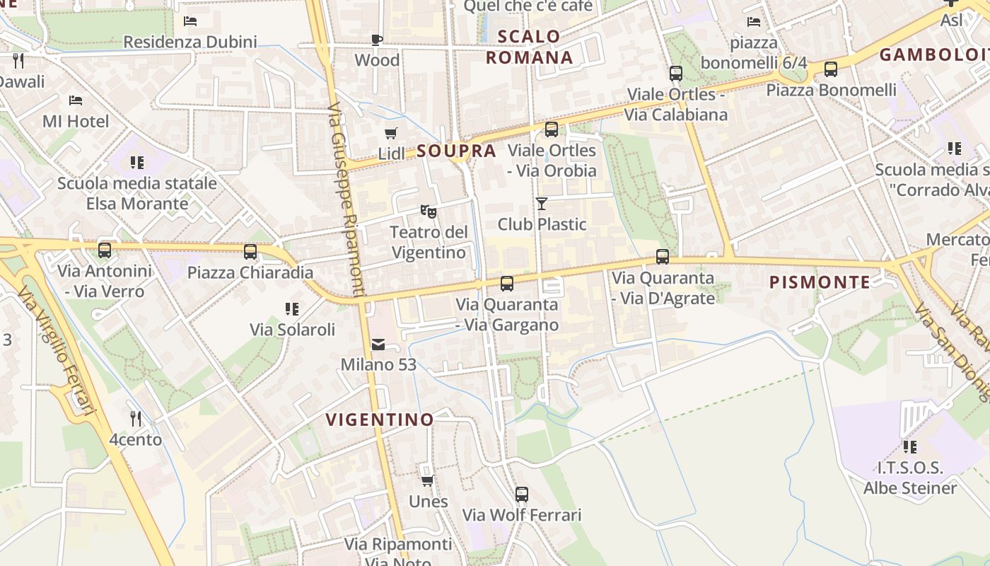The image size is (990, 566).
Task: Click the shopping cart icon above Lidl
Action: point(391,133)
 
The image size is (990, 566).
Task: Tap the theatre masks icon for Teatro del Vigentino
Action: point(428,211)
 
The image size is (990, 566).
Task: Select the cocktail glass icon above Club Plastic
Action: point(542,204)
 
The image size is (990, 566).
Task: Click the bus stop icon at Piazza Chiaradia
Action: point(250,252)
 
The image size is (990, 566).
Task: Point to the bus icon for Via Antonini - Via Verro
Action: point(105,250)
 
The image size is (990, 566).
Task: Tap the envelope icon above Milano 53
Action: point(378,345)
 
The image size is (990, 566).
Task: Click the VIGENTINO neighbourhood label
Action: point(380,420)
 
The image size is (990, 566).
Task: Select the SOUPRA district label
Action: point(456,151)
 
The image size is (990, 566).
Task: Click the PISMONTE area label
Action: point(820,282)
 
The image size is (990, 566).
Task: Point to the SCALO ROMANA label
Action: point(529,47)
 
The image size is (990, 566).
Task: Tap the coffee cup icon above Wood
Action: point(377,40)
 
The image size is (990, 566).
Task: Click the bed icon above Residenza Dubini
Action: point(190,21)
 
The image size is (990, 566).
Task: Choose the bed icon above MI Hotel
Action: point(76,100)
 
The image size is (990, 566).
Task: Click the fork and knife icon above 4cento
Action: point(136,419)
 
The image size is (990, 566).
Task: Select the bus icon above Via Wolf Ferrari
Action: point(522,495)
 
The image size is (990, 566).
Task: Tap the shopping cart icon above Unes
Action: point(427,481)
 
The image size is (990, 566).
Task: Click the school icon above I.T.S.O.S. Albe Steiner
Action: point(910,447)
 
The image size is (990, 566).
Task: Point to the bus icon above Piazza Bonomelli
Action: point(831,69)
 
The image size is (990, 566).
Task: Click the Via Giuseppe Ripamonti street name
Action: point(346,202)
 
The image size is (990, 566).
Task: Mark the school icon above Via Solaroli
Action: point(292,309)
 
